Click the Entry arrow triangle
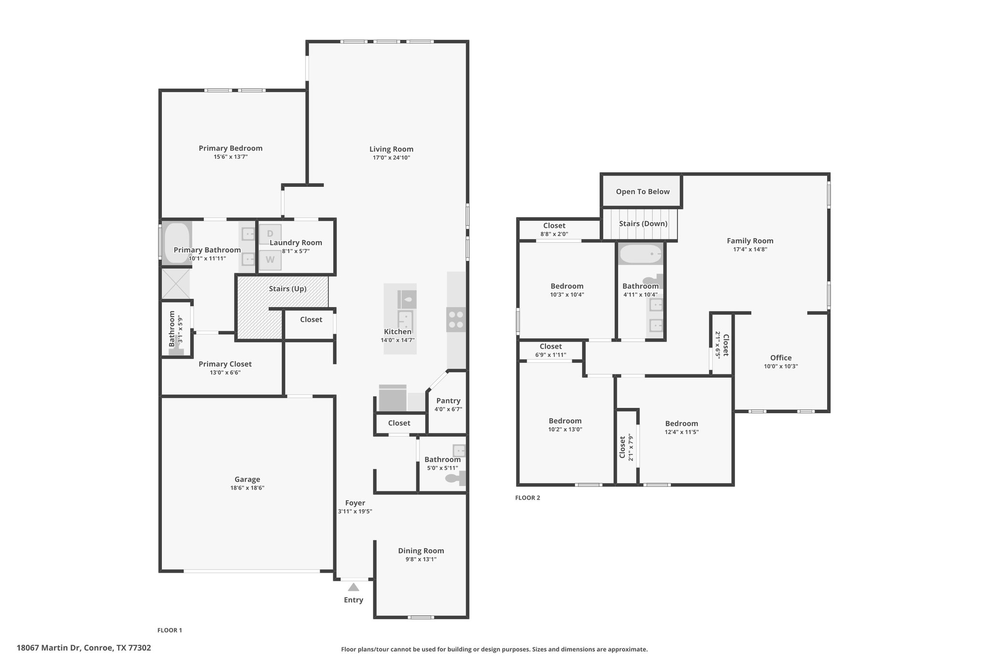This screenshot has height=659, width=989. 353,587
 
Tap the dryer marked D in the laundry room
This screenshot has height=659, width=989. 270,234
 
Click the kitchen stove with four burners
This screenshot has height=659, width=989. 456,320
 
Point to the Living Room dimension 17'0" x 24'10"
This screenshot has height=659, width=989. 391,158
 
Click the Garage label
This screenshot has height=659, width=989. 247,479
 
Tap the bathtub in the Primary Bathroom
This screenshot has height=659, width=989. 176,243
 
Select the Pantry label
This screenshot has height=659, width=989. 448,401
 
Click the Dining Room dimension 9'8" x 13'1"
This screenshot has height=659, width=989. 421,560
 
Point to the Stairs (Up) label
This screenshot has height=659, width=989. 288,289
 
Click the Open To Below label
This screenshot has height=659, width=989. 643,192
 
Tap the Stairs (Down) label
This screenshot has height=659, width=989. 643,224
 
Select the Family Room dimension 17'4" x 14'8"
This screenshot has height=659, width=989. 750,250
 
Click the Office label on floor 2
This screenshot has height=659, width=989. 781,358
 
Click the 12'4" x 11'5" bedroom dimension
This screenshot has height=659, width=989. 681,433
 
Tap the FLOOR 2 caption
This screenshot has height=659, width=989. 528,498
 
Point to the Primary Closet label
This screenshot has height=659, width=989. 225,364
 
